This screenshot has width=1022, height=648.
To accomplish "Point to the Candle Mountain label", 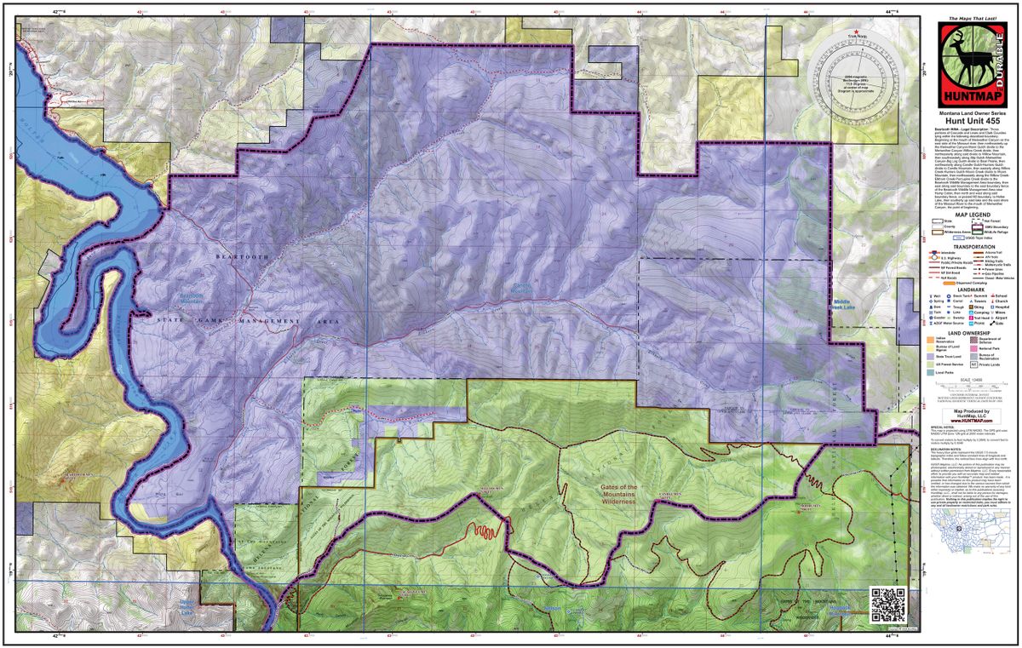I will (x=525, y=290).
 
